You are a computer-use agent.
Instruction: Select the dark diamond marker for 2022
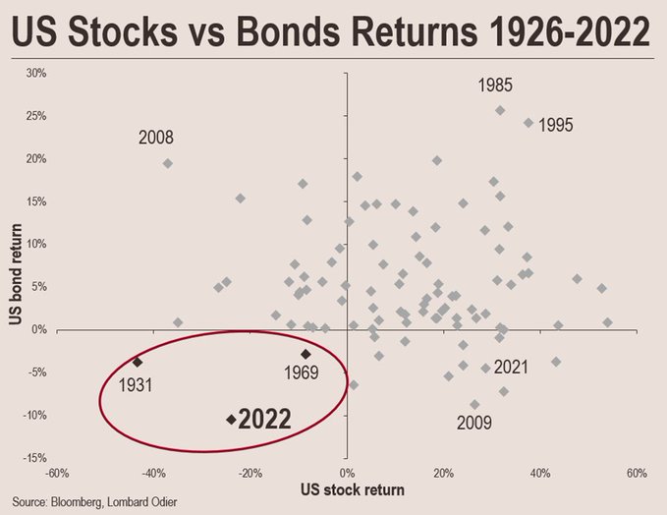pyautogui.click(x=231, y=420)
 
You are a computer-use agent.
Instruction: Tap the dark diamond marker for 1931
pyautogui.click(x=138, y=363)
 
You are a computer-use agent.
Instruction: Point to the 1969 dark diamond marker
pyautogui.click(x=306, y=354)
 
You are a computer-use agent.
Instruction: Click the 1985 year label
pyautogui.click(x=495, y=86)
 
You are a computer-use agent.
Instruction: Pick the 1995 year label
pyautogui.click(x=555, y=126)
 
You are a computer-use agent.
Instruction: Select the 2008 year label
pyautogui.click(x=157, y=137)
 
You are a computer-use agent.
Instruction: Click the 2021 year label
pyautogui.click(x=511, y=368)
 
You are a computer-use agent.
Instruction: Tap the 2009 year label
pyautogui.click(x=475, y=424)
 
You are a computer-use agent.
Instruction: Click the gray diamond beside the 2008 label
pyautogui.click(x=168, y=164)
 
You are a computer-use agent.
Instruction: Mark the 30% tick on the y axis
pyautogui.click(x=37, y=73)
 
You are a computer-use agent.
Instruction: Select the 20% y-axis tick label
pyautogui.click(x=37, y=158)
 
